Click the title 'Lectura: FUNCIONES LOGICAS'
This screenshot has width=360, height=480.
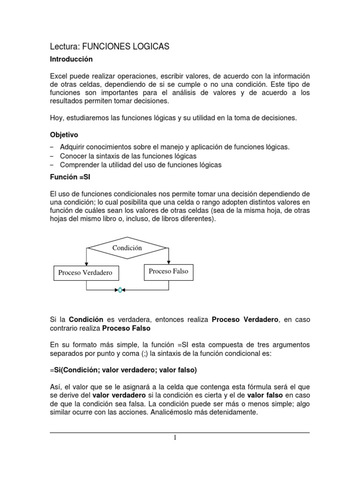coord(109,46)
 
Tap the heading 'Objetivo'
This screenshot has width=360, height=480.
coord(65,134)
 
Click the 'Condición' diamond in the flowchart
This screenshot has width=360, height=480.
coord(127,248)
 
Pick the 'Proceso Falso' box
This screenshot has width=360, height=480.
coord(168,271)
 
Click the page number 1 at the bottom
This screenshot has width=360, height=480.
coord(175,438)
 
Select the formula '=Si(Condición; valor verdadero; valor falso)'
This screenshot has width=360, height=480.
coord(123,370)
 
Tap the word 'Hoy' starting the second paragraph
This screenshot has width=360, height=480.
coord(56,118)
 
